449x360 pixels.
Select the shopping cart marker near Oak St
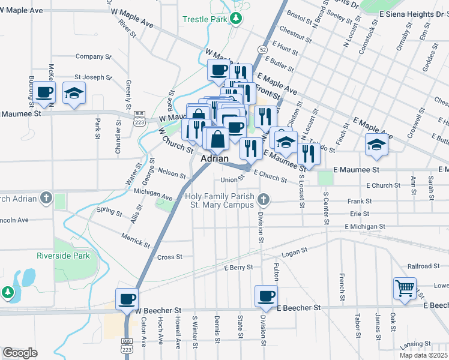coord(405,288)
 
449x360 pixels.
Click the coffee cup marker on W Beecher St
coord(127,298)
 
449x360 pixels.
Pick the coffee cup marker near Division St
coord(266,295)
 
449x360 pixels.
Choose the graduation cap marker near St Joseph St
coord(74,92)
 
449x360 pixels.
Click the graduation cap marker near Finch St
coord(376,145)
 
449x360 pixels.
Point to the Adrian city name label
coord(215,158)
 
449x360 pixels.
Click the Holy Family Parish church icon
coord(263,199)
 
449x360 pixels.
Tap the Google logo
coord(20,353)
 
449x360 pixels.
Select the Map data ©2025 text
coord(424,355)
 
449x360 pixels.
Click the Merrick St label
coord(135,239)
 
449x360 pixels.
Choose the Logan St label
coord(294,250)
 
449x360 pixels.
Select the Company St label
coord(91,56)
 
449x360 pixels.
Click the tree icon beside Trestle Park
coord(237,19)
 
